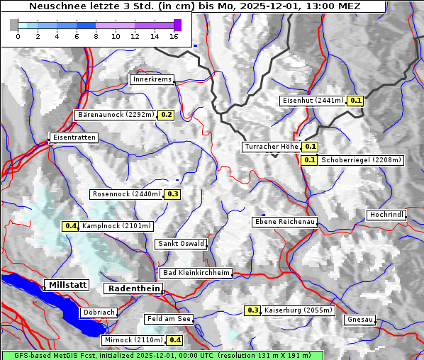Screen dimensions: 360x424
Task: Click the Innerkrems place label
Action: tap(152, 79)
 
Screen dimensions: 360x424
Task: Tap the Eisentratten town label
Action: tap(73, 137)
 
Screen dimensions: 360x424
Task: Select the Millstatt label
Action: tap(67, 285)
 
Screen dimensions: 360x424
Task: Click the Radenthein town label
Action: tap(133, 288)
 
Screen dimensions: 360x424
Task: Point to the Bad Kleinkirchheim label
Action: tap(196, 273)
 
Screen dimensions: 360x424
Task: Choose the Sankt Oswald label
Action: tap(181, 244)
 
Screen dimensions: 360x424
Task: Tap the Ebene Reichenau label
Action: tap(285, 222)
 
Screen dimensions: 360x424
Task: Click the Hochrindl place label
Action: tap(386, 215)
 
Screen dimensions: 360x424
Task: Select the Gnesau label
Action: tap(360, 320)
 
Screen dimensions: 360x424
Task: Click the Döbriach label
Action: tap(98, 312)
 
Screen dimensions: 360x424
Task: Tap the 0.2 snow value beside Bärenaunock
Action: tap(167, 114)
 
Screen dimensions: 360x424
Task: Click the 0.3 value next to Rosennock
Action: tap(172, 194)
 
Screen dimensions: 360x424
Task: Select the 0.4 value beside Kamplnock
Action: tap(70, 226)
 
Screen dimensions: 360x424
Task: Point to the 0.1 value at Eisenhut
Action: tap(355, 101)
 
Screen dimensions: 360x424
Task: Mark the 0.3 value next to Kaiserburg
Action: tap(253, 310)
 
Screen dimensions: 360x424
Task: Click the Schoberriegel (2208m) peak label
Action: tap(361, 160)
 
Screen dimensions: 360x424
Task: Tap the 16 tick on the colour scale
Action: tap(174, 36)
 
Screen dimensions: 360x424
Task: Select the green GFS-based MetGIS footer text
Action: tap(162, 355)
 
